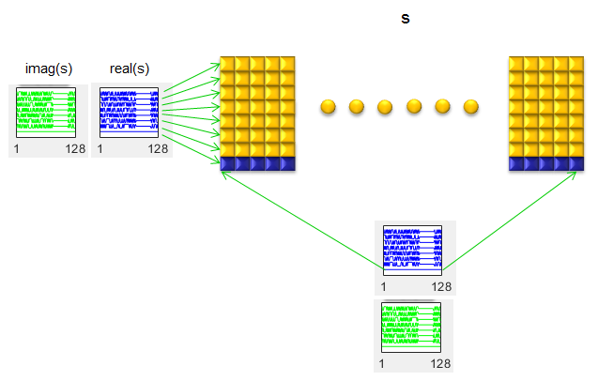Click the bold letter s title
(406, 19)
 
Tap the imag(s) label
(49, 69)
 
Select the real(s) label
(130, 69)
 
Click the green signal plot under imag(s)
(46, 113)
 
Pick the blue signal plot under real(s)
(129, 113)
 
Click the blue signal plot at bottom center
(413, 251)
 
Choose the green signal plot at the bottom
(411, 328)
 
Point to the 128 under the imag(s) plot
(75, 148)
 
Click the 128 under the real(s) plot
(158, 148)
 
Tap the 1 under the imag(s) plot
(16, 148)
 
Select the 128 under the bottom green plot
(440, 364)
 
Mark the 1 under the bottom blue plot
(383, 287)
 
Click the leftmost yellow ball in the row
(328, 107)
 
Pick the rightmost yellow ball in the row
(471, 107)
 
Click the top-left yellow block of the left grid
(227, 64)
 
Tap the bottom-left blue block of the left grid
(227, 163)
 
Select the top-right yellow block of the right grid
(576, 64)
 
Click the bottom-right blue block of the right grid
(576, 163)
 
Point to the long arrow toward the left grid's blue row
(303, 221)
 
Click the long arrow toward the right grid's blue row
(510, 221)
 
